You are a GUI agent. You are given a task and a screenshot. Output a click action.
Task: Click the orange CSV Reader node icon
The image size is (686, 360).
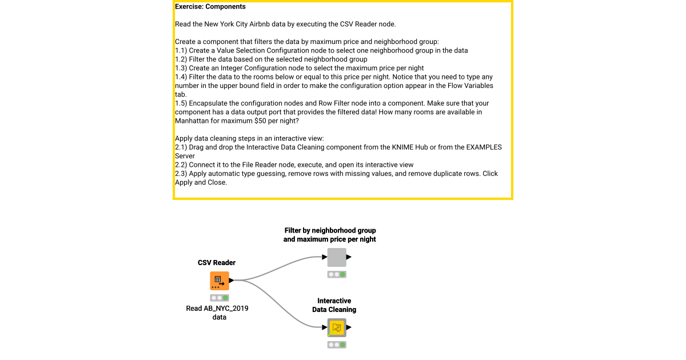[x=219, y=281]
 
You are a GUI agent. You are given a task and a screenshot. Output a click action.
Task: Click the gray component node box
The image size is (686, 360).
[x=337, y=257]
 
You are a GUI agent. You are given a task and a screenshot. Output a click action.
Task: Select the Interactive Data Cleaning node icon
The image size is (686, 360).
[x=337, y=327]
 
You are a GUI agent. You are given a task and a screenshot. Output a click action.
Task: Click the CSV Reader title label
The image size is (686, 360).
[x=217, y=263]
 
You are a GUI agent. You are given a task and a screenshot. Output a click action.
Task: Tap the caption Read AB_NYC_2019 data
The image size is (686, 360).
[x=217, y=313]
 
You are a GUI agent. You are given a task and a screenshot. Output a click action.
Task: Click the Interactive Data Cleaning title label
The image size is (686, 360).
[x=334, y=305]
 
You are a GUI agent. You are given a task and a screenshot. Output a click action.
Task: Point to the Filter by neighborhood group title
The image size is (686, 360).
[x=330, y=235]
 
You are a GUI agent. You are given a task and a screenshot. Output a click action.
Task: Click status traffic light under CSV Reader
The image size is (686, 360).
[x=219, y=298]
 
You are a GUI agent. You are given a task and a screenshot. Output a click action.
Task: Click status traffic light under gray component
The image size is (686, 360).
[x=337, y=274]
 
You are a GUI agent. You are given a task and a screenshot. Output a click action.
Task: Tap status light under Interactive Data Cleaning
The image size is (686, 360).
[x=337, y=345]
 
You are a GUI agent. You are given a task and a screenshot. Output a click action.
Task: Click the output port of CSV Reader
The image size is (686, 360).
[x=232, y=281]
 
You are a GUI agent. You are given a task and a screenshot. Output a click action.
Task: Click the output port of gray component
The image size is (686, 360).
[x=349, y=257]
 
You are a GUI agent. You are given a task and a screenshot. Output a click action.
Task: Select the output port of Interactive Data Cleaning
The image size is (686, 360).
[x=349, y=327]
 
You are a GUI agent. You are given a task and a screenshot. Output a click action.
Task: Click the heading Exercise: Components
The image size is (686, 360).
[x=210, y=7]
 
